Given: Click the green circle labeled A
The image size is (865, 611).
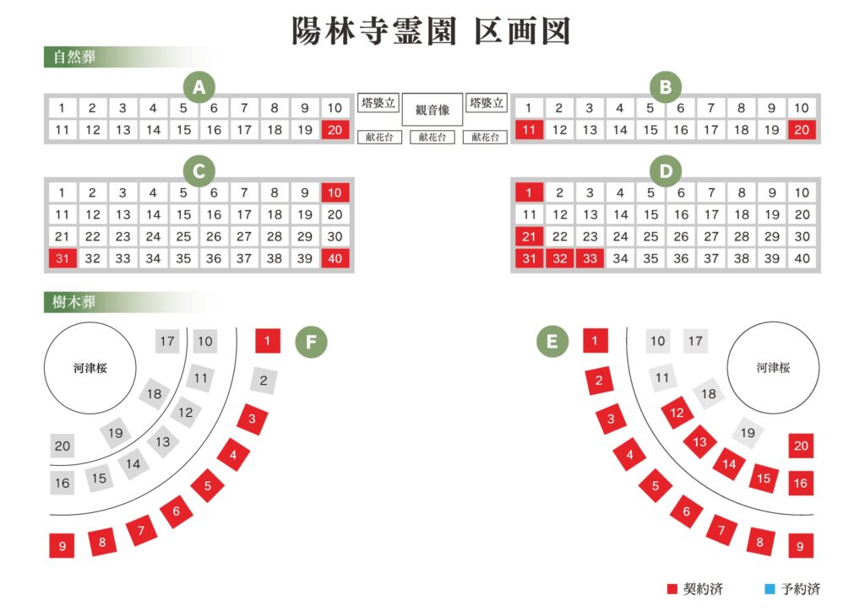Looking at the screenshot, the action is tap(199, 87).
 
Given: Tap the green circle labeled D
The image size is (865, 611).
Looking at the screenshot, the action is tap(666, 170).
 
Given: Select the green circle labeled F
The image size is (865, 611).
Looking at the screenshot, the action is tap(311, 342).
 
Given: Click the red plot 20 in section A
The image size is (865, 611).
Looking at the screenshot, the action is tap(335, 130).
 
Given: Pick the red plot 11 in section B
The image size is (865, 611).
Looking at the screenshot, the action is tap(529, 130).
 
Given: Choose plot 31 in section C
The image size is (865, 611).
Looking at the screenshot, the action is tap(63, 258).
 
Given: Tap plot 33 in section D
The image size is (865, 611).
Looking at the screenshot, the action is tap(590, 258).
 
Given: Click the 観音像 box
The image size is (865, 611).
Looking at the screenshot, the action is tap(432, 110).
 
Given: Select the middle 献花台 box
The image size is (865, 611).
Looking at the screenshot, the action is tap(432, 138).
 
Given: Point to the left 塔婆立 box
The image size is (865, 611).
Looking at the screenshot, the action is tap(378, 103).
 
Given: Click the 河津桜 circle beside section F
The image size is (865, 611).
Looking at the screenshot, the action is tap(90, 368).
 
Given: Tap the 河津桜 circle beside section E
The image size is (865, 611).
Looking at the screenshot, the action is tap(773, 368).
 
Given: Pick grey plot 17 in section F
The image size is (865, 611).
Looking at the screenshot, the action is tap(167, 342).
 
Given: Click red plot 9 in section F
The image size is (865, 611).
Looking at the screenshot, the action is tap(62, 545).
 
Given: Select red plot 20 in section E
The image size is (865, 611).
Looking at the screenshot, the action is tap(801, 445).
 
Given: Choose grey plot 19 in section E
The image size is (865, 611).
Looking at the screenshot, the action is tap(748, 432).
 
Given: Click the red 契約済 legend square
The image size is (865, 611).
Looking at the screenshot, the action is tap(672, 589).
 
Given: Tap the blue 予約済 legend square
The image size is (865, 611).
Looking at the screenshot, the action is tap(770, 589).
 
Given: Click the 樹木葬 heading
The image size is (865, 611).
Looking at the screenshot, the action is tap(74, 302).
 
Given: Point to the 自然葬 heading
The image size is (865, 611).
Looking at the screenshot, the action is tap(74, 57).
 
